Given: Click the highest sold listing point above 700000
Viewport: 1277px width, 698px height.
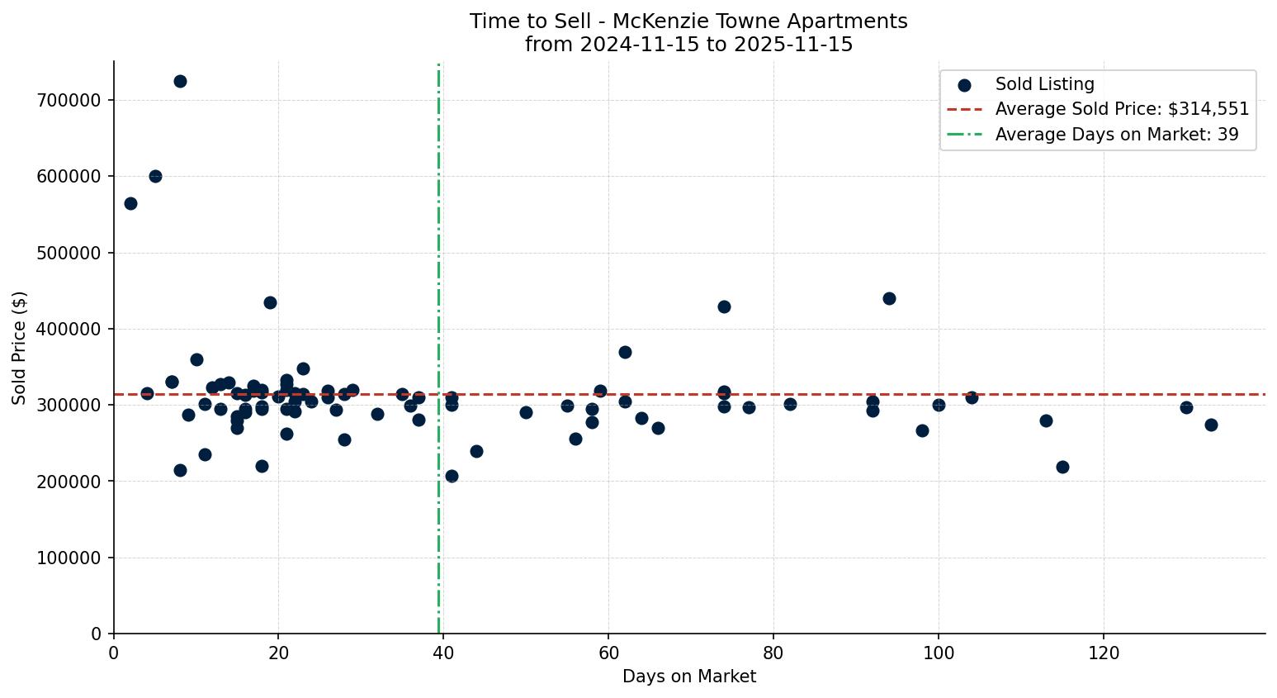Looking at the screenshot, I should (x=180, y=81).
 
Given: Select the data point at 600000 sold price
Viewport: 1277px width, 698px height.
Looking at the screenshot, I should (x=155, y=176).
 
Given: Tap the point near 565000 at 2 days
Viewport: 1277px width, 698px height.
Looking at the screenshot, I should (x=130, y=203).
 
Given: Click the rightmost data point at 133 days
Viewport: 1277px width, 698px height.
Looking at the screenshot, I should (x=1211, y=425).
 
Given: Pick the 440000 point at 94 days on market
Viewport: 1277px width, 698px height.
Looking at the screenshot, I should (x=889, y=298).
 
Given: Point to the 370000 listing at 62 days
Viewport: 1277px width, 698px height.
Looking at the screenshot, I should (x=625, y=352).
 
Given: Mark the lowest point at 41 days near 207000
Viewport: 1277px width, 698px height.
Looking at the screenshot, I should (x=452, y=476).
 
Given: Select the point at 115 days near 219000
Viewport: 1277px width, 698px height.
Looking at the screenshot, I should (x=1062, y=467).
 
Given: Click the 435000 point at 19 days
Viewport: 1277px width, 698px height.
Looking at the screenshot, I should (x=270, y=302).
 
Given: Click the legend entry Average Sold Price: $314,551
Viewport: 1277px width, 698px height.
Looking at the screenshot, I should (x=1121, y=109).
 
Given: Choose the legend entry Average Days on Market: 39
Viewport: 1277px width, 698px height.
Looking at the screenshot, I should (x=1116, y=135).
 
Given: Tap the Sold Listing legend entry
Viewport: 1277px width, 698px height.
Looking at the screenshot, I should (x=1044, y=84).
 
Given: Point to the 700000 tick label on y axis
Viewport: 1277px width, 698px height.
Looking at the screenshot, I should (x=69, y=100).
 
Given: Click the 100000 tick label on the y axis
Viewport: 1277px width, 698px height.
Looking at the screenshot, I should (x=69, y=558).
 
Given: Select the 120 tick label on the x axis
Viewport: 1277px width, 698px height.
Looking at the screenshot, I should (x=1104, y=653).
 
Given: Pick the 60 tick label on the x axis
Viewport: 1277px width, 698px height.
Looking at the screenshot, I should (x=608, y=653).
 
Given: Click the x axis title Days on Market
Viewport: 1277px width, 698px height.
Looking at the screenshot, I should (x=688, y=677).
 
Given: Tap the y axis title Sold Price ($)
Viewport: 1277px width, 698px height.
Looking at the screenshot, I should (x=20, y=348).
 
